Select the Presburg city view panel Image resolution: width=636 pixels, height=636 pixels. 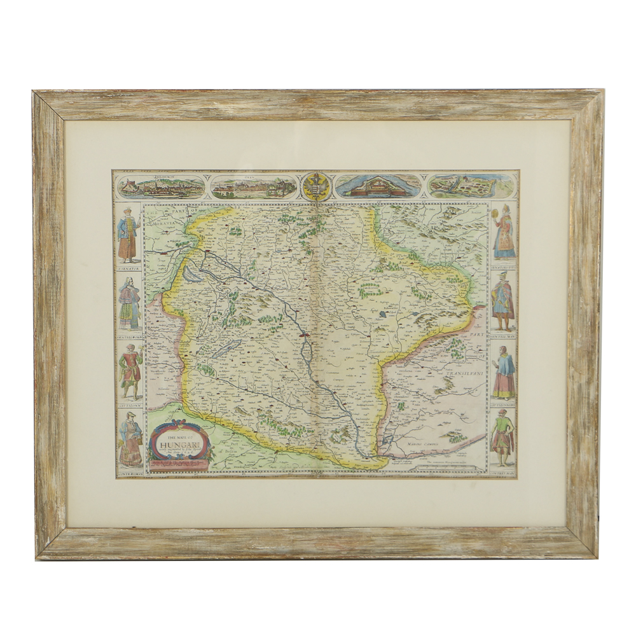[162, 186]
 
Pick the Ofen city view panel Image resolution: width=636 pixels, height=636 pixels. [253, 186]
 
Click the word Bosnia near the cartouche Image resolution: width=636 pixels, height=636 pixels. [221, 457]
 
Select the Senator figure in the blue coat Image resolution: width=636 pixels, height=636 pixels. [128, 233]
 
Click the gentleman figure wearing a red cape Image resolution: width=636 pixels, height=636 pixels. [502, 300]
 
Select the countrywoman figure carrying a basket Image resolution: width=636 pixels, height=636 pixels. [130, 439]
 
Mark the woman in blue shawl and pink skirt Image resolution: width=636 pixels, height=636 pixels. [504, 371]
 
